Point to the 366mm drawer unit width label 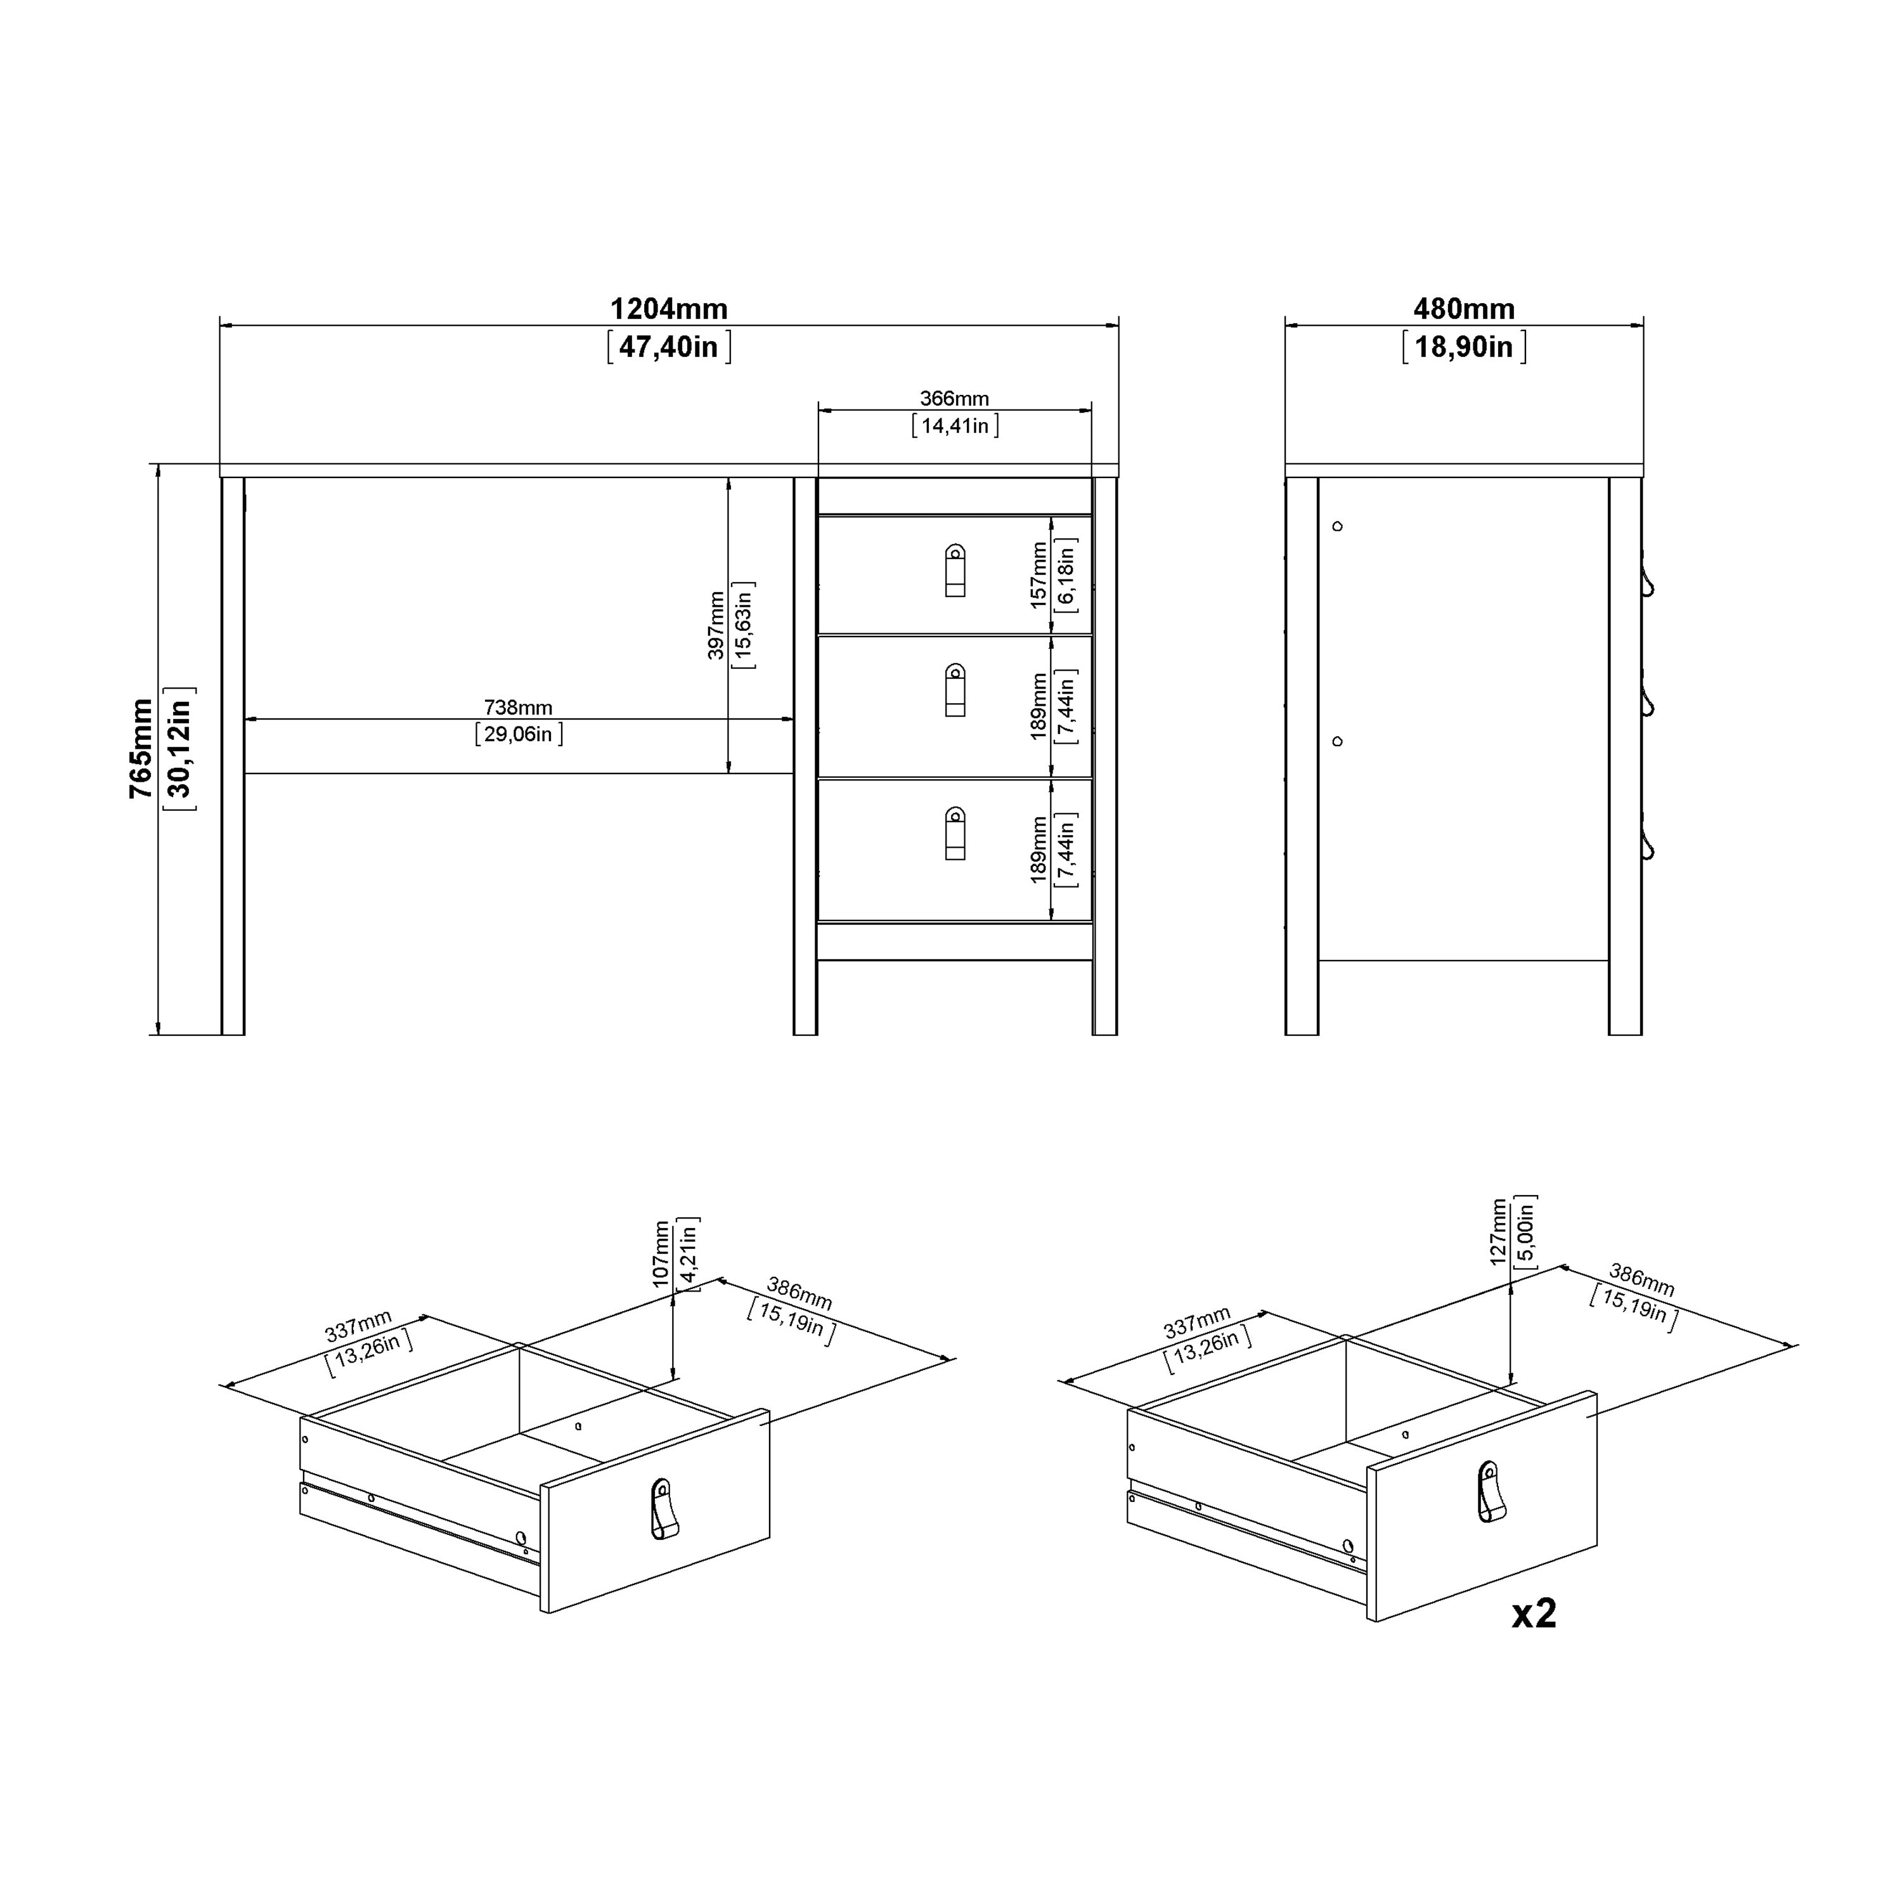coord(954,399)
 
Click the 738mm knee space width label coord(518,707)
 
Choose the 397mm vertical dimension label coord(716,625)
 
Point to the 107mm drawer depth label coord(661,1253)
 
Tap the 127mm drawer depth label coord(1498,1232)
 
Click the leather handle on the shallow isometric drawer coord(664,1508)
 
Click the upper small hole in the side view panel coord(1337,527)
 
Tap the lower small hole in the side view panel coord(1337,741)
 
